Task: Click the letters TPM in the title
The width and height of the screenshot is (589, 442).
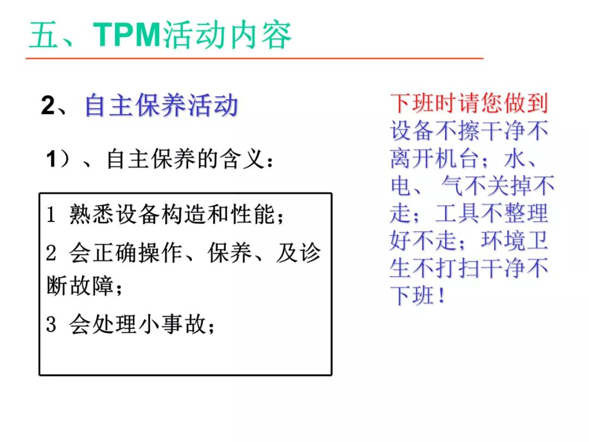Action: click(127, 34)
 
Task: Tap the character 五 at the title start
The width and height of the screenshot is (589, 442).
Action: click(43, 35)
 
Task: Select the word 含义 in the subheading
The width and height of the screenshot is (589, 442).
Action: click(241, 159)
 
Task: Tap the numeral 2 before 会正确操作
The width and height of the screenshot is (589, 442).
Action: click(51, 253)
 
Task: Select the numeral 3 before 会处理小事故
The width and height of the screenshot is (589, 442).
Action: click(51, 325)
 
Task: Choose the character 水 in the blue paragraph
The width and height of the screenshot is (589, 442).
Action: click(514, 159)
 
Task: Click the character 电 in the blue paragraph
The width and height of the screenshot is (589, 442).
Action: click(400, 186)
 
